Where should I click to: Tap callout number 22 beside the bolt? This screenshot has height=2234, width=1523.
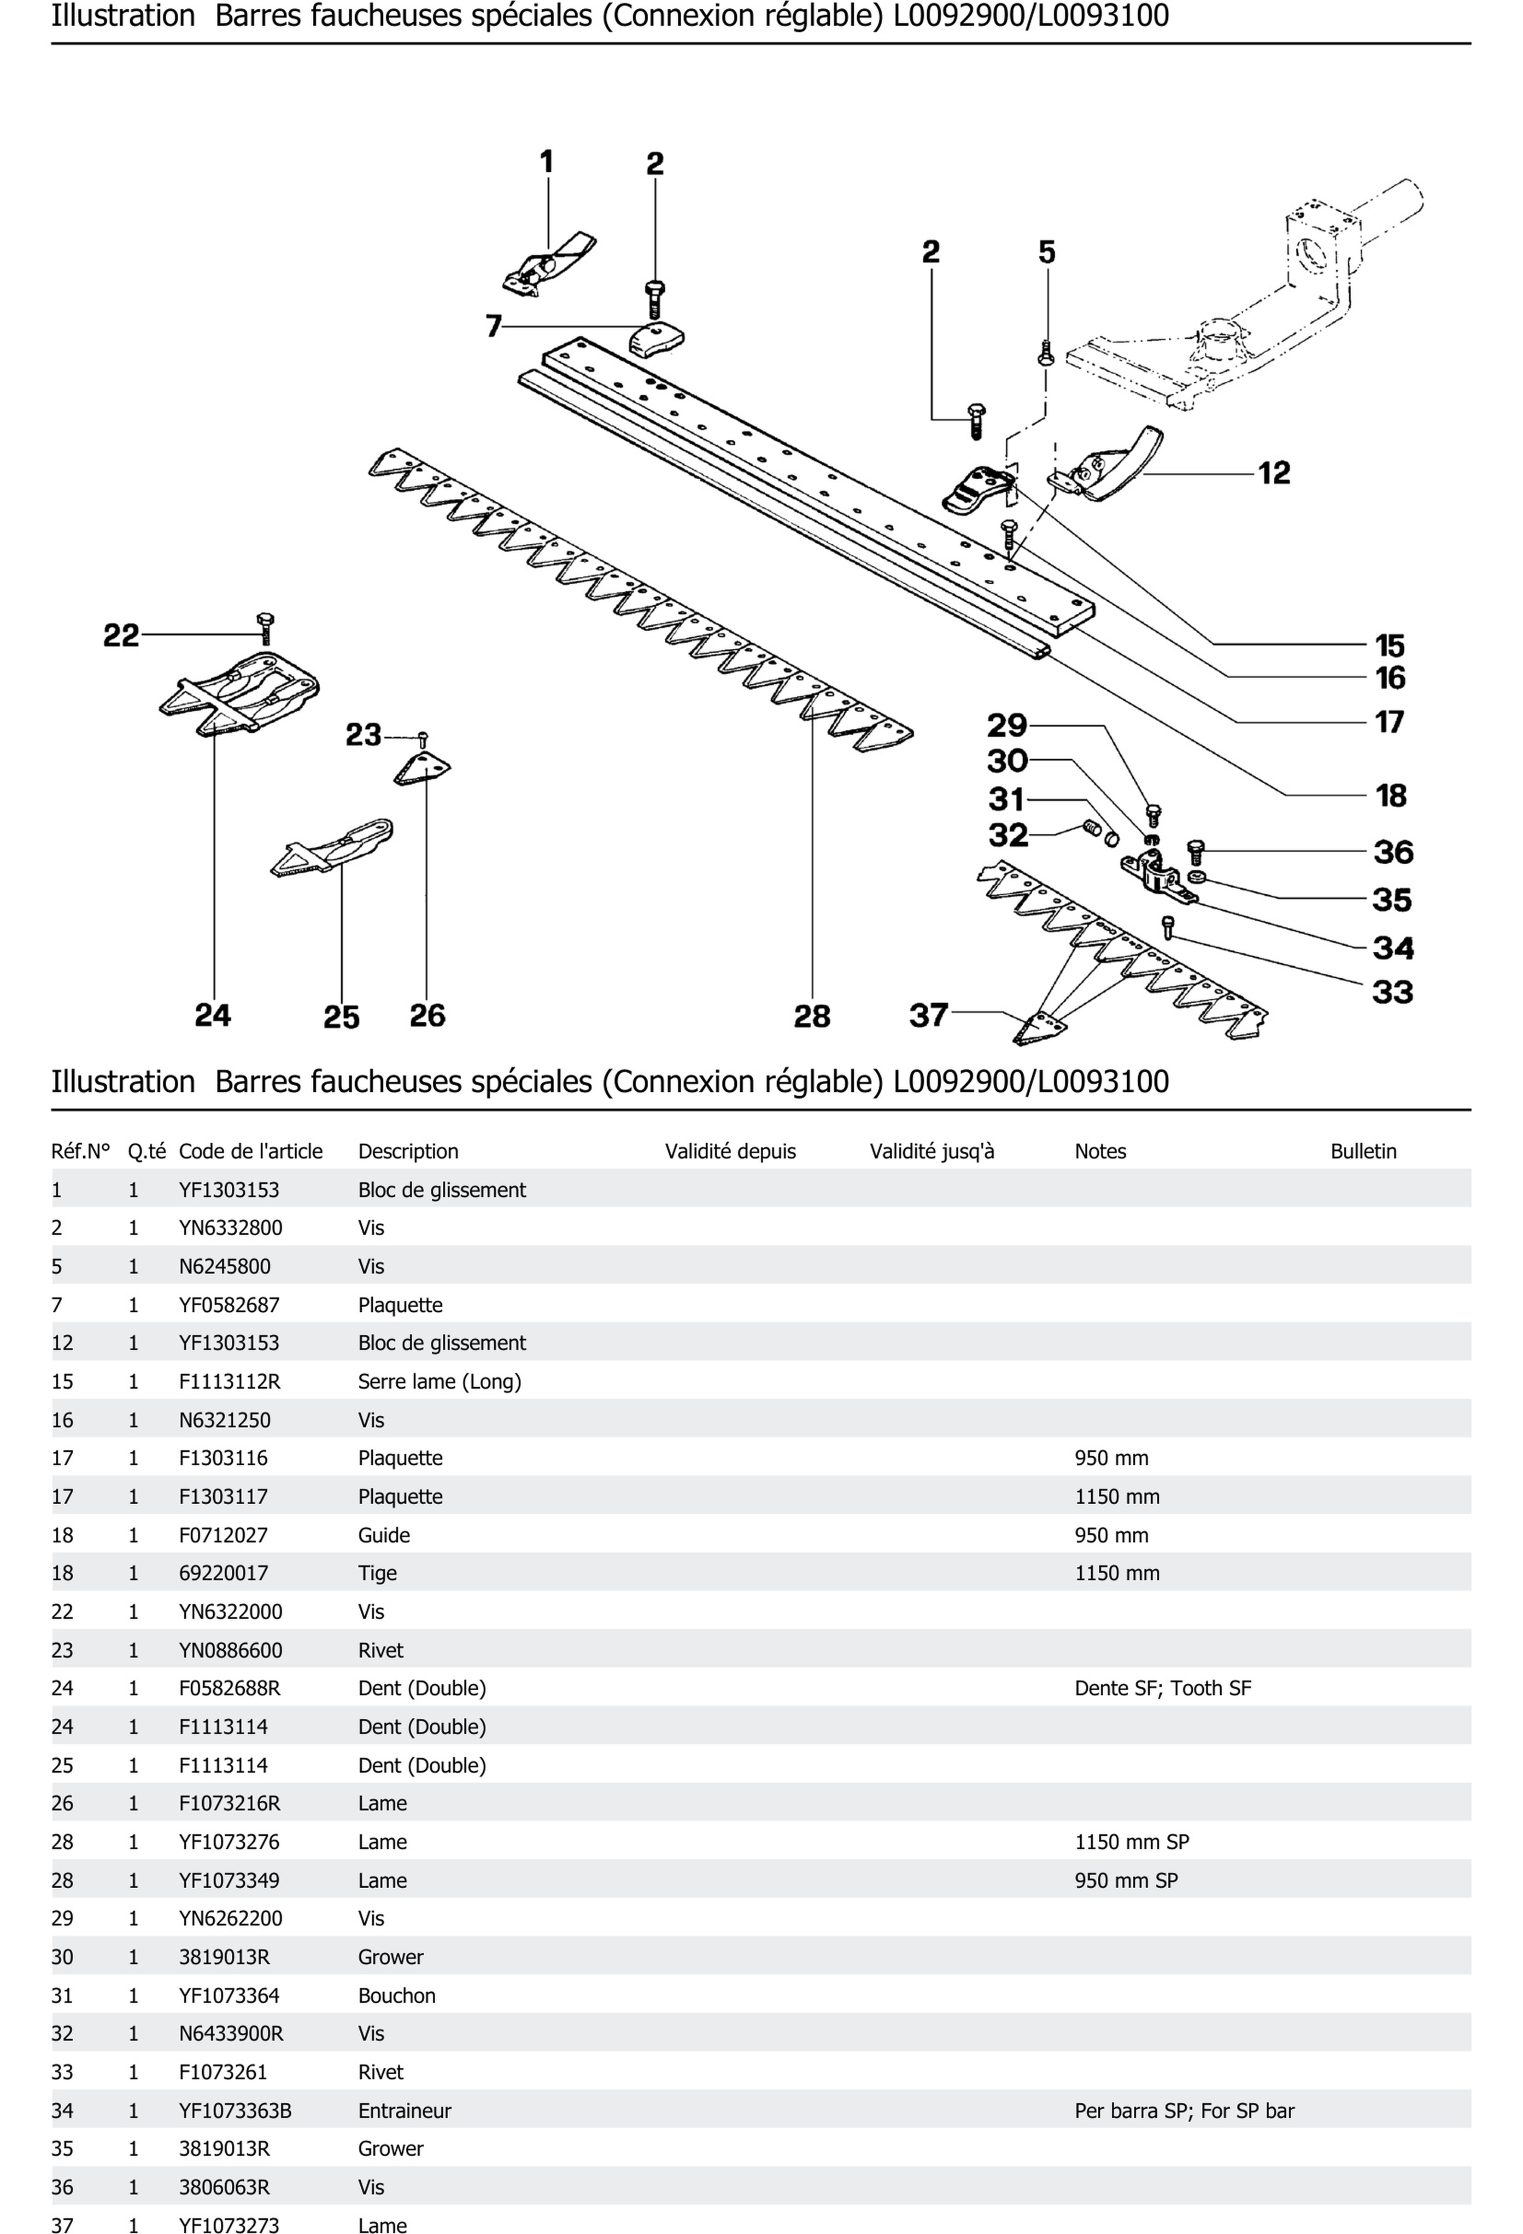(121, 635)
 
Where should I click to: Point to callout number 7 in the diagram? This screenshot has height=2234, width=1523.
(493, 327)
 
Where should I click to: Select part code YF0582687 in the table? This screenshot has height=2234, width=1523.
(229, 1304)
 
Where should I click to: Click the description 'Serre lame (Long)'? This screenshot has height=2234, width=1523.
(439, 1381)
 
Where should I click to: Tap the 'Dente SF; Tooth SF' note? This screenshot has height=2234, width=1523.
(1162, 1688)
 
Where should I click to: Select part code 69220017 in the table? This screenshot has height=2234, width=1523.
(223, 1573)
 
